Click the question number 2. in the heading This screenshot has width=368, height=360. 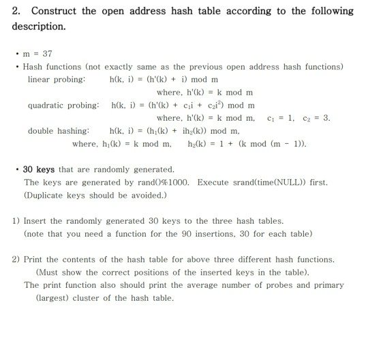point(16,11)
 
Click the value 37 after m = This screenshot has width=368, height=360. point(48,53)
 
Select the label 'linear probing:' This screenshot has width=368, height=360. point(57,79)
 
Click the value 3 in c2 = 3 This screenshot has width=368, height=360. point(328,118)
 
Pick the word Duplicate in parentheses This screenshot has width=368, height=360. point(48,195)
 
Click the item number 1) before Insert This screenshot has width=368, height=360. point(16,221)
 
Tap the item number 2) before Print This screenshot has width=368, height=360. point(16,259)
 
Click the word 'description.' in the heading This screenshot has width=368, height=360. point(39,26)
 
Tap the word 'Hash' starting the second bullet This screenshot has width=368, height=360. point(34,66)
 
